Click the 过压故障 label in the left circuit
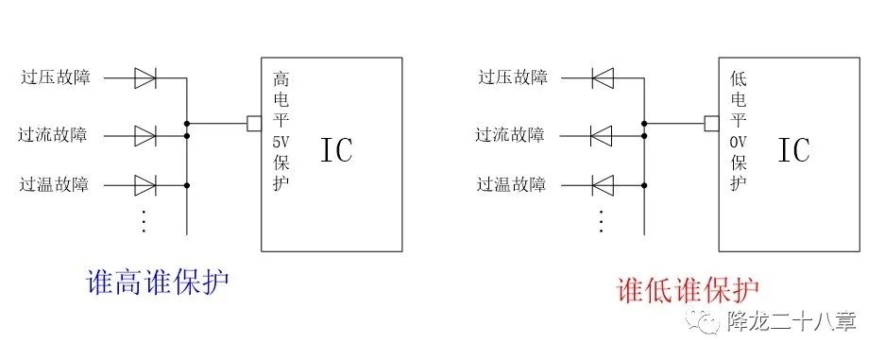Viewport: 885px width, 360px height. point(55,77)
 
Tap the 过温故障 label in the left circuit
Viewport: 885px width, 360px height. point(55,183)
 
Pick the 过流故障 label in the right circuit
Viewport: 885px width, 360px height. point(510,135)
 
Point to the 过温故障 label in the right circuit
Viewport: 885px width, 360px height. point(511,183)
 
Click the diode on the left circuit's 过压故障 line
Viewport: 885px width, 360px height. point(145,78)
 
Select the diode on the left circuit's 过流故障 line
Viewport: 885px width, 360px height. point(145,136)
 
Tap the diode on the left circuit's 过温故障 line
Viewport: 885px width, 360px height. point(145,184)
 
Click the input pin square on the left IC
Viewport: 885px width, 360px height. point(253,123)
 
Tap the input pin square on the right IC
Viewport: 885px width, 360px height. point(711,123)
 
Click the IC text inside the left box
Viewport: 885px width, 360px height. point(337,151)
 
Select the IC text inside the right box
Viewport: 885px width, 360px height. point(794,151)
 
